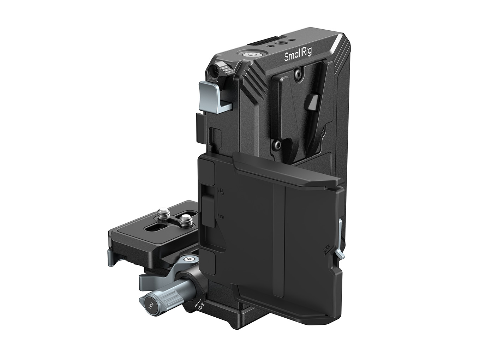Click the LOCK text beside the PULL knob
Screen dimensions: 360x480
point(199,306)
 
